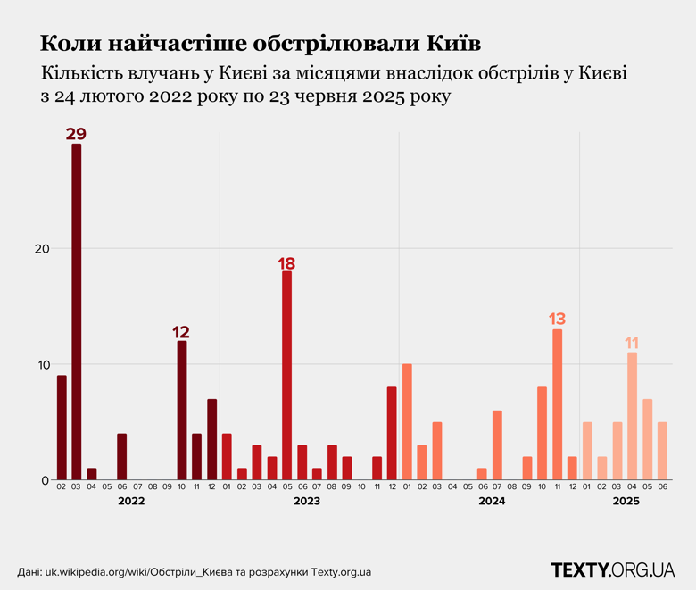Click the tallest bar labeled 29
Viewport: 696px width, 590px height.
77,312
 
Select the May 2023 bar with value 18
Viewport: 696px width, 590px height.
286,375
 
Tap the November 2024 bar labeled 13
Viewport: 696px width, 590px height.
557,404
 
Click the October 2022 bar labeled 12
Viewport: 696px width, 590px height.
182,411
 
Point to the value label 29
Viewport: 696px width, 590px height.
76,135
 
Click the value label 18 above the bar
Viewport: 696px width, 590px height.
286,263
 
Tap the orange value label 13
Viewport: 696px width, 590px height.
557,319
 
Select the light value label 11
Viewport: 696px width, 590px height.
632,343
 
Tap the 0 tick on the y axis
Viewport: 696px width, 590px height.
40,480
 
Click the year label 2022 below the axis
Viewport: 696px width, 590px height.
130,502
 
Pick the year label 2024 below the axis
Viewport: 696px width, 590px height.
491,502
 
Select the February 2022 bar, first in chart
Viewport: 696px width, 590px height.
62,428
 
